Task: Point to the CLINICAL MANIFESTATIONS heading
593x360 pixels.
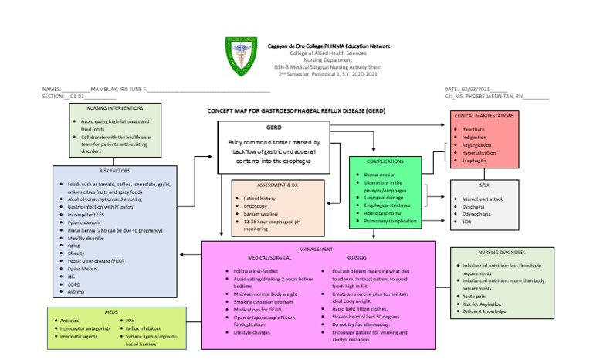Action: pyautogui.click(x=484, y=115)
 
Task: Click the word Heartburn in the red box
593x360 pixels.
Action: pyautogui.click(x=473, y=129)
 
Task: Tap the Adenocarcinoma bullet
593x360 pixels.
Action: pyautogui.click(x=388, y=212)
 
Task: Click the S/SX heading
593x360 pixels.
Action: pyautogui.click(x=484, y=186)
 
